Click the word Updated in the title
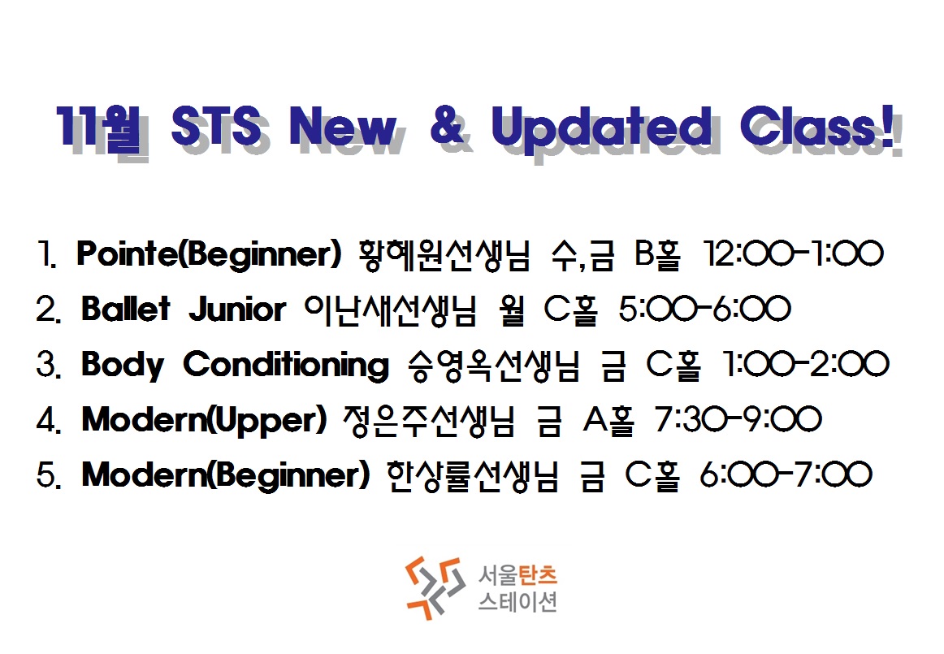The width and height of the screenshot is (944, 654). click(601, 128)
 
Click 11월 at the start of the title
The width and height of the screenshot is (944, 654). click(99, 127)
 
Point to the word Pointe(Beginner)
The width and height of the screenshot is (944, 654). click(209, 253)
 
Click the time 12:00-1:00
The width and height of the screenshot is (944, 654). click(794, 253)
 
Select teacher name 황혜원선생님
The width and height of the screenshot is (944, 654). click(444, 254)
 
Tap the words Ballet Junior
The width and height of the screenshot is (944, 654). click(183, 309)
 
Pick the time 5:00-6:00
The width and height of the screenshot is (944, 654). click(704, 309)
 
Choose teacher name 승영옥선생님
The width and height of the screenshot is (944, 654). click(494, 365)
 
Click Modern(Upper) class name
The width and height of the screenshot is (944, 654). click(204, 420)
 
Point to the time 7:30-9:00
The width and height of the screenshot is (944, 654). click(738, 420)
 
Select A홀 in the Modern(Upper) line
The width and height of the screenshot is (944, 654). click(608, 420)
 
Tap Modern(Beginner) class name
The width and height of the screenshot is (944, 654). click(225, 475)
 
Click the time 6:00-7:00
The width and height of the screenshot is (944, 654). click(786, 474)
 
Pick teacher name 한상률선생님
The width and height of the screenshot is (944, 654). click(472, 476)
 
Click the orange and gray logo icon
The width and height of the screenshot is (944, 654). click(435, 587)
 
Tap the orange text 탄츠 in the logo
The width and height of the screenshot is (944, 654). click(537, 574)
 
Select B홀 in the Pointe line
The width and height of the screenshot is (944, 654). click(657, 253)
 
